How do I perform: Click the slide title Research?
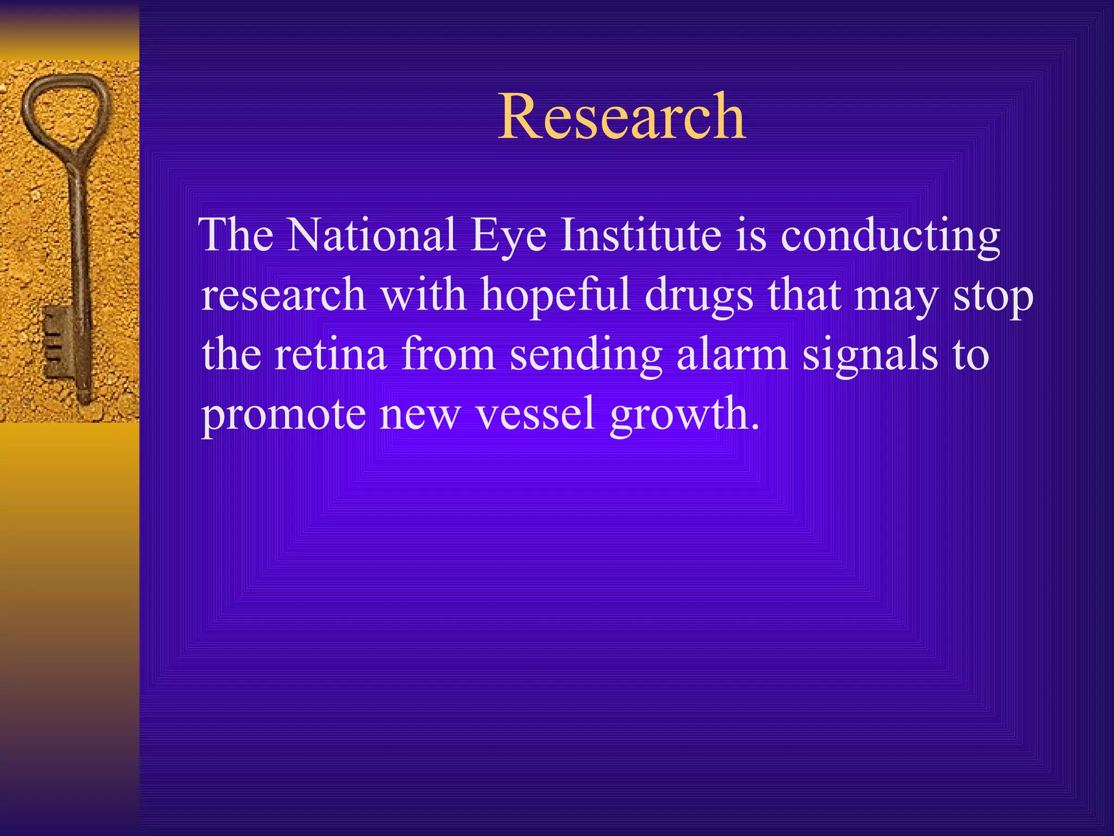coord(622,116)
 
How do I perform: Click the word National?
coord(372,235)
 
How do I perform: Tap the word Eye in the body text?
coord(509,236)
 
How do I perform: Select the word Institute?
coord(641,235)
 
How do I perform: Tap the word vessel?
coord(535,414)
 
